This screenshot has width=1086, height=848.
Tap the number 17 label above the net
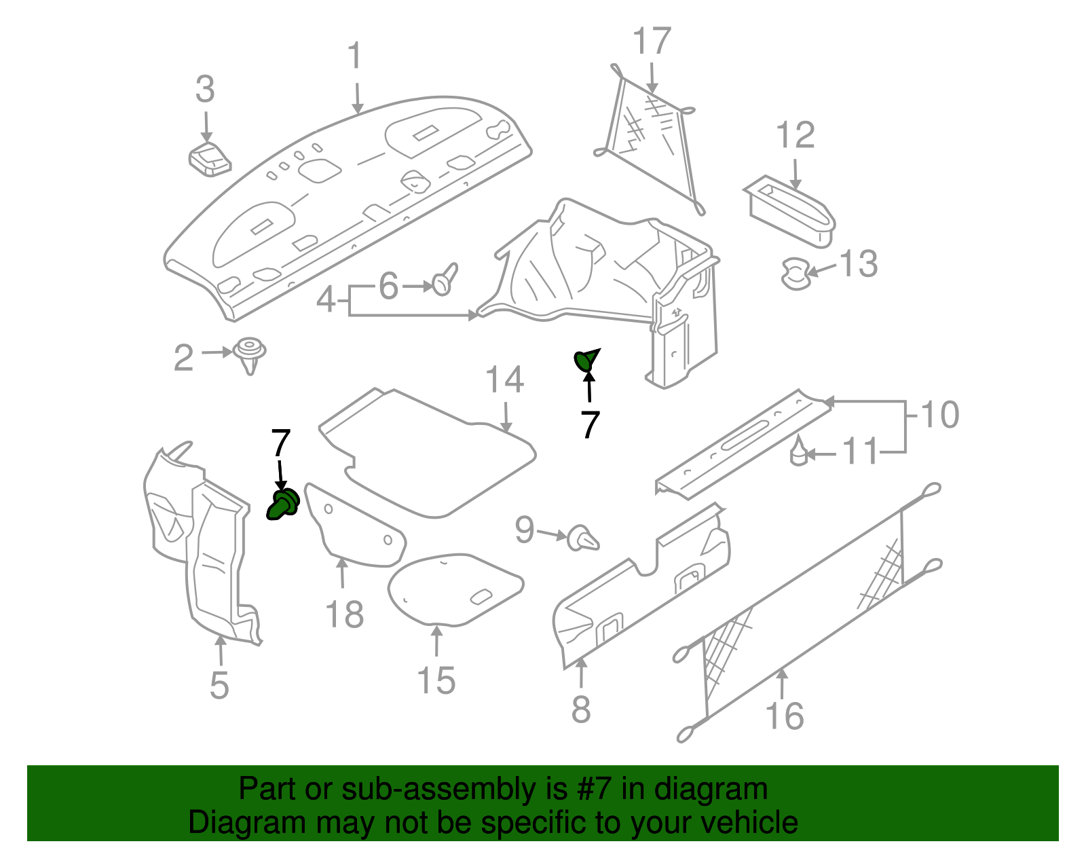coord(652,42)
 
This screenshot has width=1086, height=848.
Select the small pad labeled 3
coord(210,159)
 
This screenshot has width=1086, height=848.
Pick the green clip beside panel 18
coord(283,504)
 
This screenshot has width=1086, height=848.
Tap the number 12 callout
coord(795,136)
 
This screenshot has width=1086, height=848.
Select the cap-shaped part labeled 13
coord(795,273)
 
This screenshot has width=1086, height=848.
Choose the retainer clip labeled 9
coord(583,538)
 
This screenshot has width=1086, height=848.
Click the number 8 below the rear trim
coord(581,710)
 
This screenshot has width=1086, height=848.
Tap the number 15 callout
coord(436,681)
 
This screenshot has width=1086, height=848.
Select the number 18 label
coord(344,615)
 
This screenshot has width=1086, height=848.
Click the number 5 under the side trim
coord(219,686)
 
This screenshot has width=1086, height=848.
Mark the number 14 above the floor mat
coord(504,381)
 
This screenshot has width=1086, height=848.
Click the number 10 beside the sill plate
coord(939,415)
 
